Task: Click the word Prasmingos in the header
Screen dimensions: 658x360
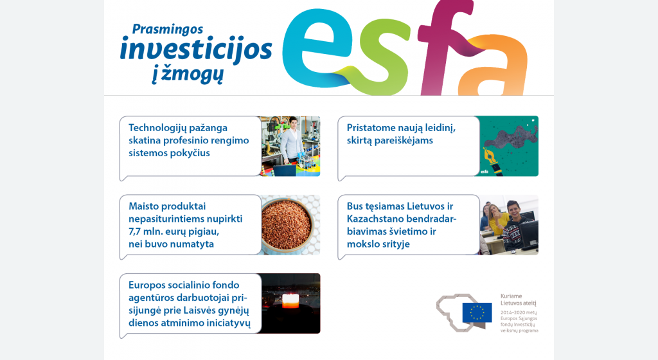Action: [x=168, y=30]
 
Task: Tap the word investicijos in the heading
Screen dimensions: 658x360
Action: [x=196, y=50]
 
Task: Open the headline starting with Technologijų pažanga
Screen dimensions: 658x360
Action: [x=188, y=140]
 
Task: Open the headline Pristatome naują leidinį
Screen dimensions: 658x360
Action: [x=401, y=134]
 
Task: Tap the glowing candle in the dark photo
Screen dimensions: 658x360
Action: [x=290, y=301]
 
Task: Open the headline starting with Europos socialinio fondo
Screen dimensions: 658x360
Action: [x=190, y=304]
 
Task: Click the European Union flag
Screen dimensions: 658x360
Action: [x=477, y=312]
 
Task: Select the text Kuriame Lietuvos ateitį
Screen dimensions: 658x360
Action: [x=519, y=300]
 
